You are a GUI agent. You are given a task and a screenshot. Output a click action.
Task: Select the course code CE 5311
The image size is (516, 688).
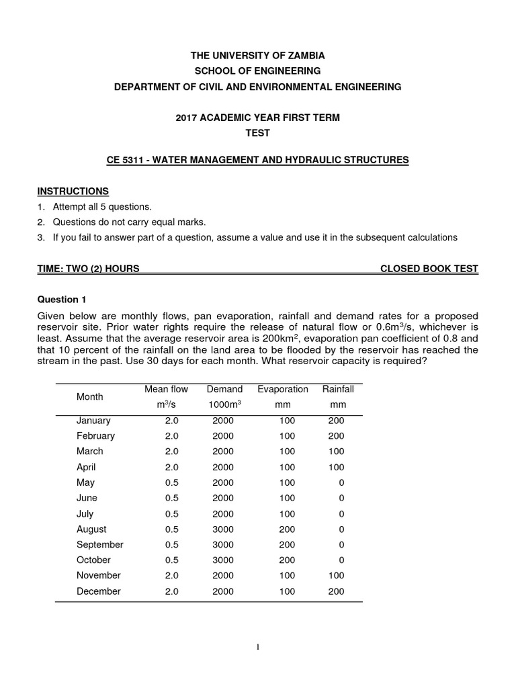[127, 160]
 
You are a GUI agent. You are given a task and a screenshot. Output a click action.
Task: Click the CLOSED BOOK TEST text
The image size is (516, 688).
[429, 269]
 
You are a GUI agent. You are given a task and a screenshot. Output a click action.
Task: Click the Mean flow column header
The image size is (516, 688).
[166, 389]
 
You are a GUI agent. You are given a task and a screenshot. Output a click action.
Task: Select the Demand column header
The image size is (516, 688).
[224, 389]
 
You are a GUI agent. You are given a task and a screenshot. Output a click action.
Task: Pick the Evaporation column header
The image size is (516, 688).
[282, 389]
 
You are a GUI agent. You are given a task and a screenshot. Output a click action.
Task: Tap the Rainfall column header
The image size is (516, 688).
[337, 389]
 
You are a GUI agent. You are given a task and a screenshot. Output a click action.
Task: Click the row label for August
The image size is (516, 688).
[91, 529]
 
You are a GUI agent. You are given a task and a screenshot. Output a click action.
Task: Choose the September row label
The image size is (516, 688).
[99, 545]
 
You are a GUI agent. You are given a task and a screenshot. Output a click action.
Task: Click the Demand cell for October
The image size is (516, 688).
[223, 560]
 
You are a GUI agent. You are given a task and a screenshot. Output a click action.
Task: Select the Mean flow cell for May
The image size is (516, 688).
[171, 482]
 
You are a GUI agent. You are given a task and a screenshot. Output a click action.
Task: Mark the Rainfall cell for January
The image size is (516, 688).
[336, 421]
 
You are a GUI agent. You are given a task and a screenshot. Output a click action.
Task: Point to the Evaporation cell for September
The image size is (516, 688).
[287, 545]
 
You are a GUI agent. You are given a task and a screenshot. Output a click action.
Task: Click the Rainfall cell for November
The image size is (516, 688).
[336, 576]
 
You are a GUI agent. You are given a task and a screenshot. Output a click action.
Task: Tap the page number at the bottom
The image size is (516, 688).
[258, 647]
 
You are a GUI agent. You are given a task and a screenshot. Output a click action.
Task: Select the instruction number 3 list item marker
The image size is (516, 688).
[40, 237]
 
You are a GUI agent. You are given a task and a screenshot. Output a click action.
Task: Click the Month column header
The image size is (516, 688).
[89, 397]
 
